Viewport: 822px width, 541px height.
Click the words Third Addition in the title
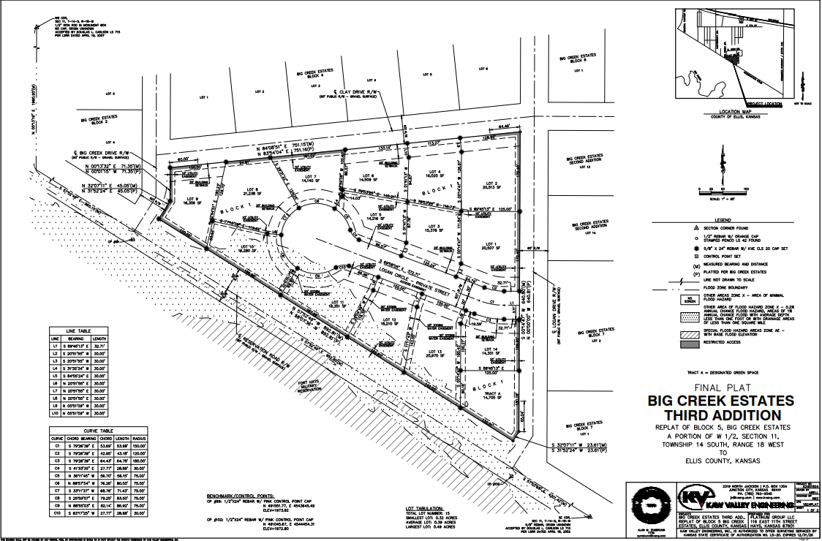(720, 414)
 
